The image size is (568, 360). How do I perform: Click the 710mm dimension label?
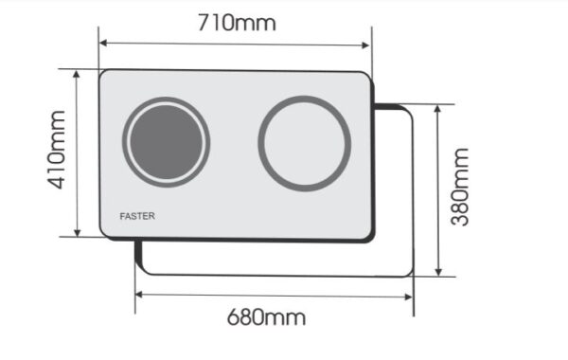[237, 23]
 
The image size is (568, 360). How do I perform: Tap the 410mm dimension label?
[57, 150]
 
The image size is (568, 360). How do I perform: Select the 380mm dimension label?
[460, 187]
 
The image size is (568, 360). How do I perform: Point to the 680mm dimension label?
[266, 317]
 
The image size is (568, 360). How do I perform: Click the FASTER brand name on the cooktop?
[137, 216]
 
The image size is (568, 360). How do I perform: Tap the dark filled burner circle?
[167, 142]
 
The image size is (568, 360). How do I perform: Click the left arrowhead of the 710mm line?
[103, 44]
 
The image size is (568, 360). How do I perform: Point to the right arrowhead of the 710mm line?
[365, 45]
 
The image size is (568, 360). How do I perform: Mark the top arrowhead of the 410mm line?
[77, 74]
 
